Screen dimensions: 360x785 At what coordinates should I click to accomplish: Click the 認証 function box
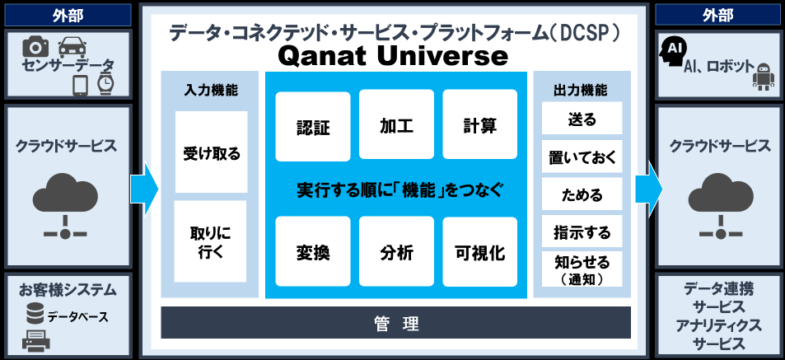coord(313,125)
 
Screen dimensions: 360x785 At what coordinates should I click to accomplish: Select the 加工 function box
coord(396,125)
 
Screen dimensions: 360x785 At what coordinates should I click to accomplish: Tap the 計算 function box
coord(479,125)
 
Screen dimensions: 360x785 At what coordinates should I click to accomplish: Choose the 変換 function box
coord(313,251)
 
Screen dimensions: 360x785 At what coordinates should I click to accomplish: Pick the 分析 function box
coord(396,251)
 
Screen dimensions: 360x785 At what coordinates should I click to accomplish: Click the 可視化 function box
coord(479,251)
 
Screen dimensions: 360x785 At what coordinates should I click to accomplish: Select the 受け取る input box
coord(211,152)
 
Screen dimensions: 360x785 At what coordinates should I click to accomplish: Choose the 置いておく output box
coord(582,157)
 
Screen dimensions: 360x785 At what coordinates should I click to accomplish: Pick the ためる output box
coord(582,195)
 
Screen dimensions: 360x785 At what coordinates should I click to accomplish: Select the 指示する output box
coord(582,232)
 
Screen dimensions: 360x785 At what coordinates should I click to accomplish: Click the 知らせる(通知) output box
coord(582,269)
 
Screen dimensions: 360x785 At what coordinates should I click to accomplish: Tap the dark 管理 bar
coord(395,322)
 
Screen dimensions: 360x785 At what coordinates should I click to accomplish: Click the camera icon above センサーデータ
coord(36,47)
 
